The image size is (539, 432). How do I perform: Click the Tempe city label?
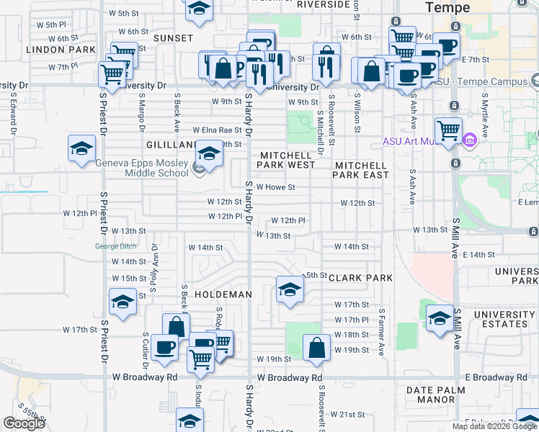pyautogui.click(x=447, y=8)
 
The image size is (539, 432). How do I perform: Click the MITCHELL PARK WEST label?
pyautogui.click(x=287, y=160)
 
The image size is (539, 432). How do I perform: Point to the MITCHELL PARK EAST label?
pyautogui.click(x=361, y=170)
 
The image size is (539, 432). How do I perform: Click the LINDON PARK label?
pyautogui.click(x=61, y=50)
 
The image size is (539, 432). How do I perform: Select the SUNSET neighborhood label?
pyautogui.click(x=173, y=37)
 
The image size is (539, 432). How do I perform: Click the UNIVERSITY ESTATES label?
pyautogui.click(x=504, y=320)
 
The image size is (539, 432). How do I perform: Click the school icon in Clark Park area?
pyautogui.click(x=290, y=290)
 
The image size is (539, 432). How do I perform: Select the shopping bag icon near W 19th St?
pyautogui.click(x=316, y=348)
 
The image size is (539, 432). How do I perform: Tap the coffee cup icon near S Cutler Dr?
pyautogui.click(x=164, y=348)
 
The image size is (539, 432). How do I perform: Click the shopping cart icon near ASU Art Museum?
pyautogui.click(x=448, y=131)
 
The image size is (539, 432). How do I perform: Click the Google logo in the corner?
pyautogui.click(x=24, y=423)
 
